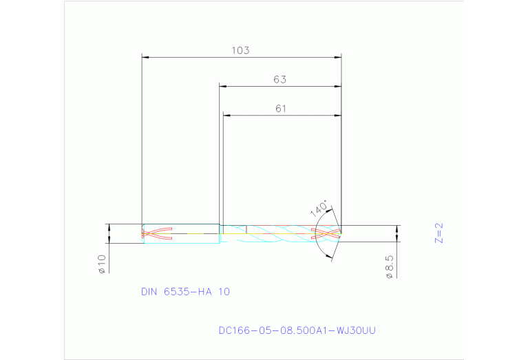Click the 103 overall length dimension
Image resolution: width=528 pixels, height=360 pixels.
(x=240, y=50)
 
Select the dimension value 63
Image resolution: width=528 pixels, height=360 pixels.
(x=279, y=79)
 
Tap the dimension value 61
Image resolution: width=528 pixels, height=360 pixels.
(x=279, y=108)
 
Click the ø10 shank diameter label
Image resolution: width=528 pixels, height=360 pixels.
(x=101, y=264)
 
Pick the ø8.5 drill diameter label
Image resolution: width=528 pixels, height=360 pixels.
(x=389, y=267)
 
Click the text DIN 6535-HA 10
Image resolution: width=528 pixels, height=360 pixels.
(x=185, y=291)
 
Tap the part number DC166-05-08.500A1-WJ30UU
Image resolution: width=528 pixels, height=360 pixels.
(x=297, y=330)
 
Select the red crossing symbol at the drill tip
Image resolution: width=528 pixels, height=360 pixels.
(x=326, y=234)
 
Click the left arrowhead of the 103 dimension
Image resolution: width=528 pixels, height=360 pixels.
(x=145, y=57)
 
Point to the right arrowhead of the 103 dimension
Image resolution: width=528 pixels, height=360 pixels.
(x=338, y=57)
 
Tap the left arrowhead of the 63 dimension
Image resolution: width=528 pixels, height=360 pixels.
(x=222, y=86)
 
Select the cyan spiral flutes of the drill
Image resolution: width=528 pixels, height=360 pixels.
(x=282, y=234)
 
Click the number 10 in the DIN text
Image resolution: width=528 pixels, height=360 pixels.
(x=224, y=291)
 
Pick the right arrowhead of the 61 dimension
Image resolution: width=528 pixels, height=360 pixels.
(x=338, y=115)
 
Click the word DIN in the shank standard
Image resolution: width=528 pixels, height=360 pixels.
(x=149, y=291)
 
